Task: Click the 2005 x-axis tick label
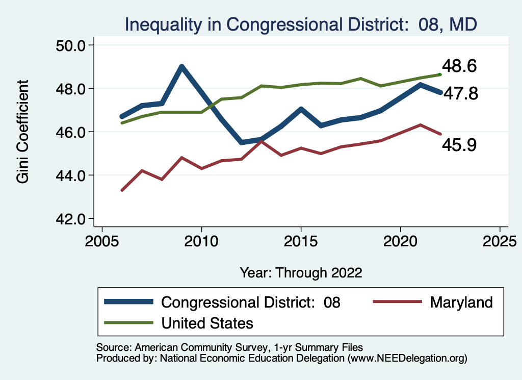coord(102,241)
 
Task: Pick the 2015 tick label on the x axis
coord(301,241)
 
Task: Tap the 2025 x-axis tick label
coord(500,241)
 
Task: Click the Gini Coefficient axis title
coord(22,132)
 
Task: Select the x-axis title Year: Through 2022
coord(301,272)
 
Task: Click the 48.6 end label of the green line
coord(459,66)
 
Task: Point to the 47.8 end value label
coord(459,94)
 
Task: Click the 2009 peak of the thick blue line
coord(181,67)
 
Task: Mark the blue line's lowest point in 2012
coord(241,142)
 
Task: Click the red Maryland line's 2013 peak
coord(261,141)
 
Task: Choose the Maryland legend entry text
coord(461,302)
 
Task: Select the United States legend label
coord(207,323)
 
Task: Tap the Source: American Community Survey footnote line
coord(229,347)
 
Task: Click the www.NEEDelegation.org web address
coord(406,359)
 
